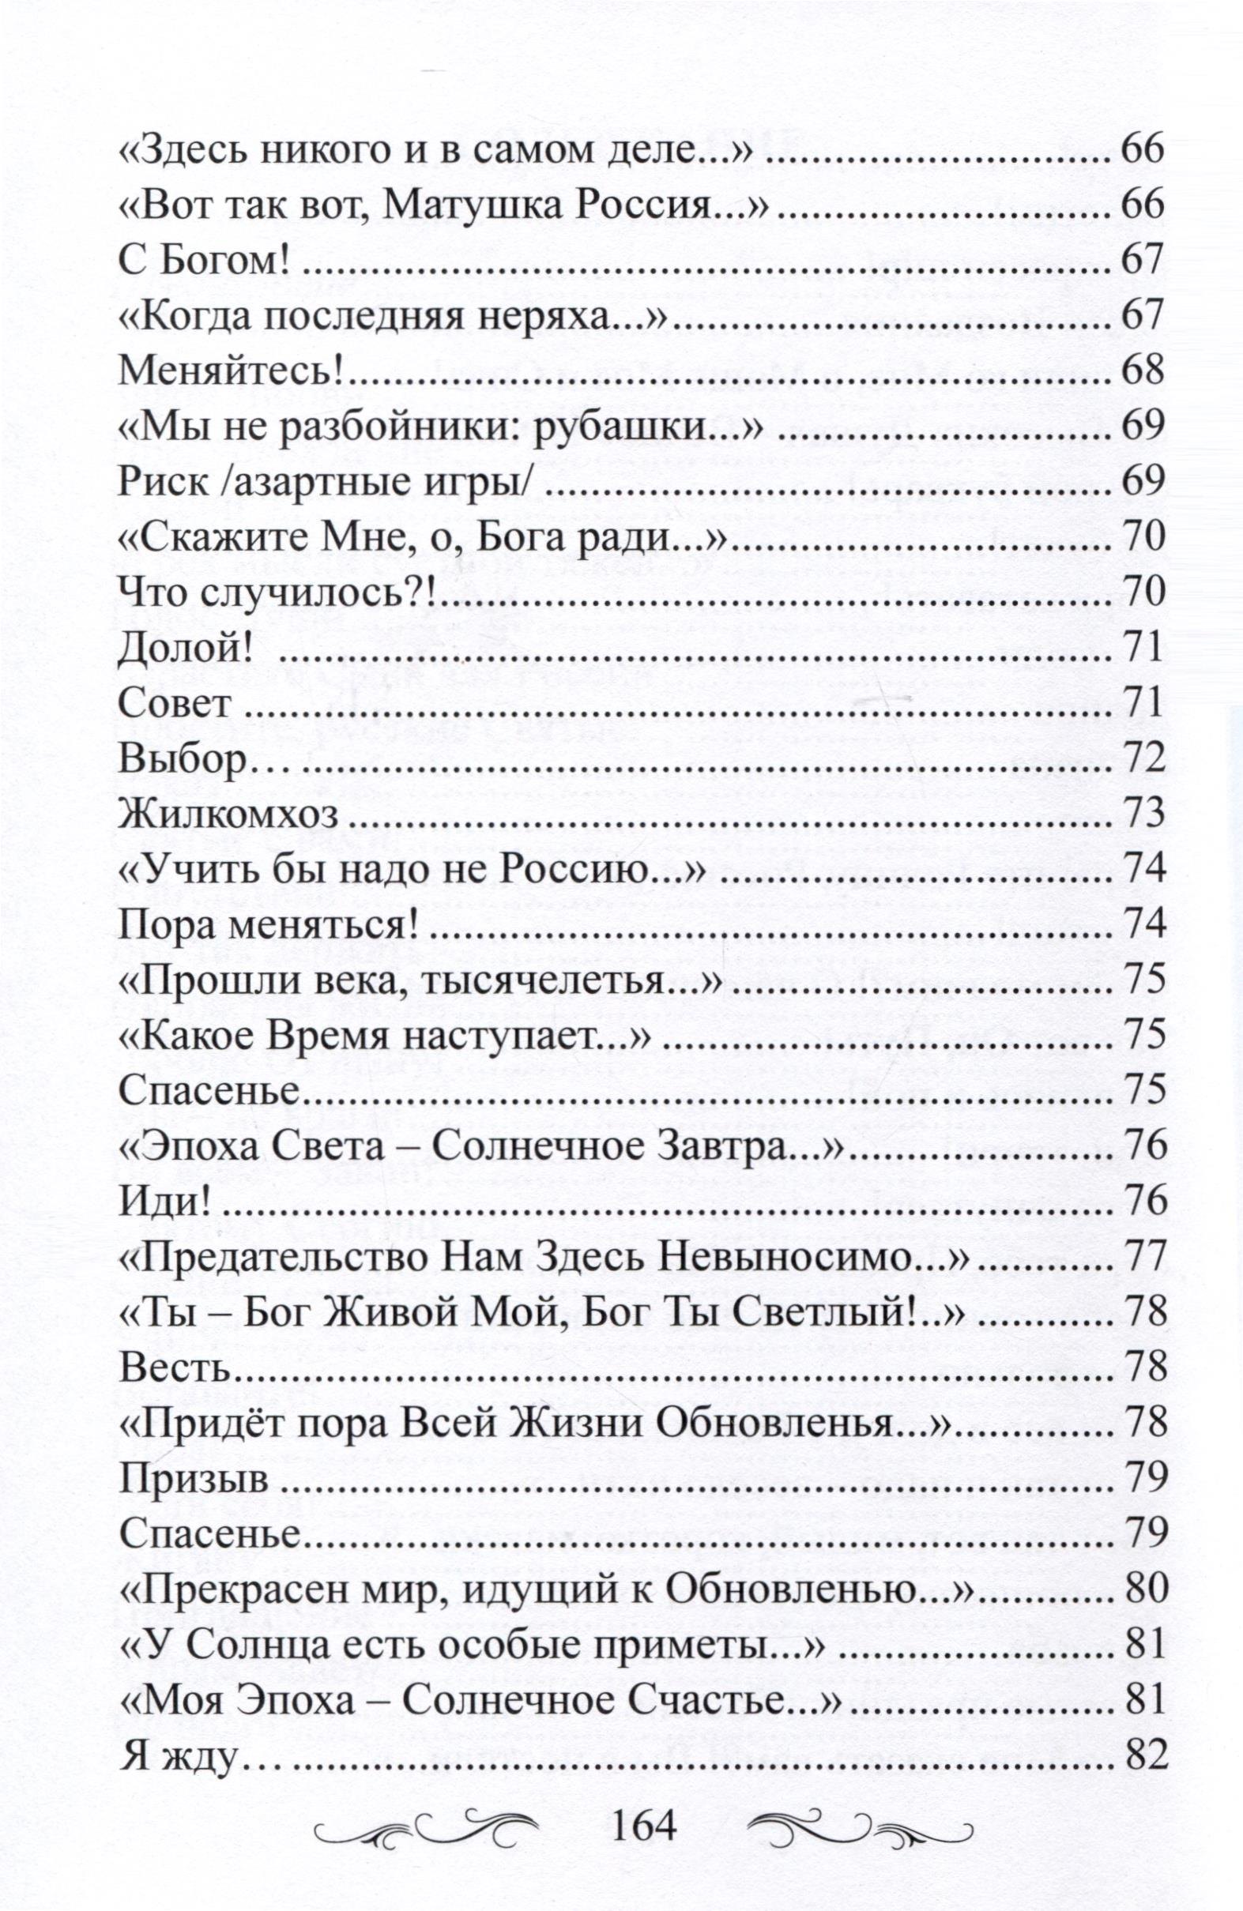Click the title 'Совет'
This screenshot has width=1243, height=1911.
[x=175, y=702]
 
